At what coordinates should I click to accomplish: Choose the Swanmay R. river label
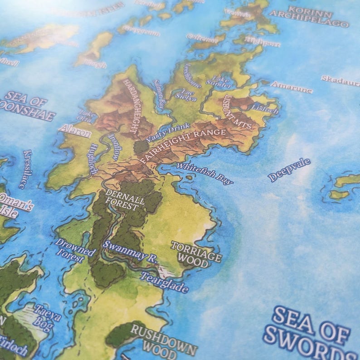point(130,251)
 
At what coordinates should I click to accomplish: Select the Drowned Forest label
point(75,249)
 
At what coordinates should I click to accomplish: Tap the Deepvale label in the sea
point(289,169)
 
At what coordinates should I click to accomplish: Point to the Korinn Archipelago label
point(309,17)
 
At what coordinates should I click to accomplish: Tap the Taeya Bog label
point(47,317)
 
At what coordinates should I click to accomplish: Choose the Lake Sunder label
point(219,82)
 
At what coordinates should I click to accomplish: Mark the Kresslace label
point(25,169)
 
